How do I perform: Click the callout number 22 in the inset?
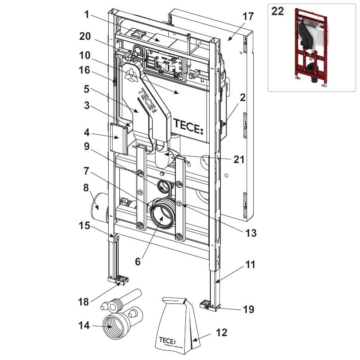[x=277, y=11]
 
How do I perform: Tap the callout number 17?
[x=248, y=17]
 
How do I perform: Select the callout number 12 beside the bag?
[x=221, y=332]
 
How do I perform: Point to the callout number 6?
[x=138, y=261]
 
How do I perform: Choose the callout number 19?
[x=248, y=309]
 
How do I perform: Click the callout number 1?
[x=86, y=15]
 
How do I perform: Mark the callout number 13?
[x=251, y=233]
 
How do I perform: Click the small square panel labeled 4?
[x=118, y=137]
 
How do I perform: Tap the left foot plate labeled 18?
[x=120, y=280]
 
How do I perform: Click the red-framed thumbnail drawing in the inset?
[x=312, y=47]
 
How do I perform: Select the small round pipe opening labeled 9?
[x=163, y=185]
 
